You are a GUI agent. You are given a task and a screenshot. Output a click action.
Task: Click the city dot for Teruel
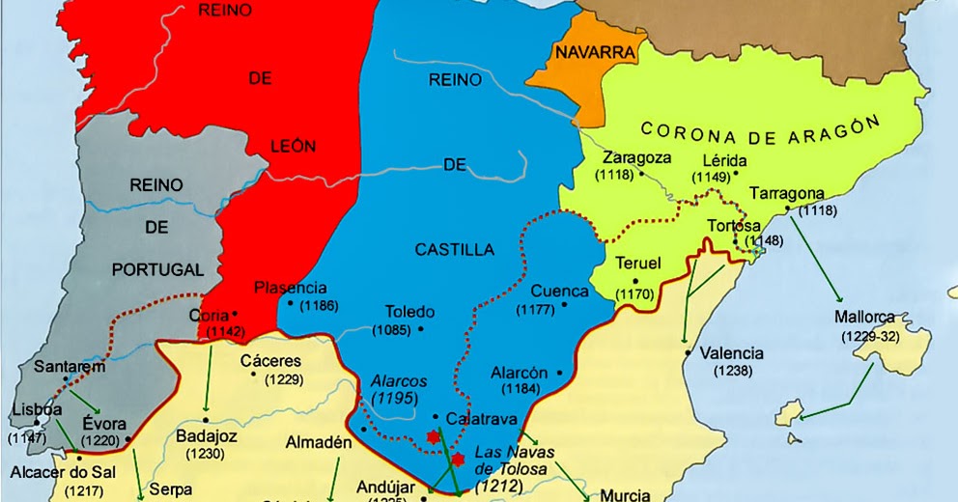(x=635, y=280)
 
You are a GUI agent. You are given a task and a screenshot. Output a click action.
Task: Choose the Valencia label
(x=731, y=353)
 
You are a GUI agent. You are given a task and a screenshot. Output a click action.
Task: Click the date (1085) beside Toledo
(x=391, y=330)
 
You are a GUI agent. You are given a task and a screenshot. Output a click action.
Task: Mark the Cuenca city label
(x=559, y=291)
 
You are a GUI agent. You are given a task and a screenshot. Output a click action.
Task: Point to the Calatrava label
(x=482, y=419)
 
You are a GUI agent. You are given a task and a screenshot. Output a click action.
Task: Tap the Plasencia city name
(x=291, y=288)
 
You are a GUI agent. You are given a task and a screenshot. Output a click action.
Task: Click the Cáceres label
(x=271, y=361)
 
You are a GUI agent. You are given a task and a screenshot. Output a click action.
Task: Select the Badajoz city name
(x=207, y=435)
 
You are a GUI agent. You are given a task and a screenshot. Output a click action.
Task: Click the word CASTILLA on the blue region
(x=454, y=250)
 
